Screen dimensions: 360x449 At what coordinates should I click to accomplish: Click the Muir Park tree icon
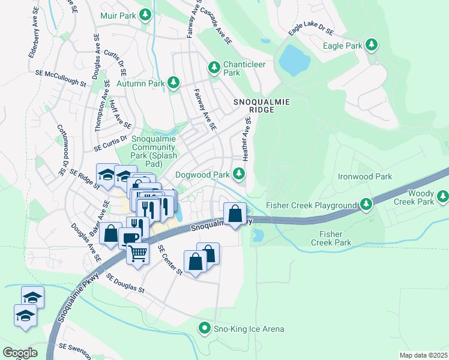tap(145, 14)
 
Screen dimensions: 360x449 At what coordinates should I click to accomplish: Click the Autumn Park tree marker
tap(173, 83)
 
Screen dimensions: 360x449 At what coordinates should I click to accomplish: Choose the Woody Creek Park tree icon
tap(443, 196)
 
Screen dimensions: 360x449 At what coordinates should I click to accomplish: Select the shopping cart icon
tap(137, 254)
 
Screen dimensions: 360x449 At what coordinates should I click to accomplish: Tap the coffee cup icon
tap(130, 238)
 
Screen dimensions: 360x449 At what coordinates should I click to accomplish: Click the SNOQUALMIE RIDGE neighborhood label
tap(261, 106)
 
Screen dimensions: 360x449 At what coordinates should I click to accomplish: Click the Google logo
tap(20, 353)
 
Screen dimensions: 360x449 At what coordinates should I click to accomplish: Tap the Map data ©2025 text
tap(423, 355)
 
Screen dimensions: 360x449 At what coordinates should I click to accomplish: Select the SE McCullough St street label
tap(61, 78)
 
